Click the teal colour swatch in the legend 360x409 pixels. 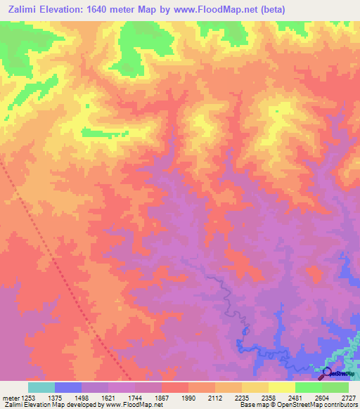click(41, 387)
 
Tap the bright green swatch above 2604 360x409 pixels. click(309, 387)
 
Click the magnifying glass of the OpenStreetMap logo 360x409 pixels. click(326, 373)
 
